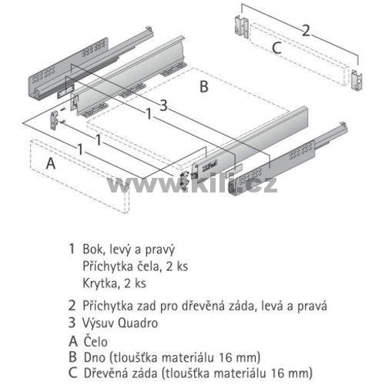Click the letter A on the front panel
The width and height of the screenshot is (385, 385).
(x=51, y=163)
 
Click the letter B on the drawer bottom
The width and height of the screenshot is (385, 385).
(x=204, y=86)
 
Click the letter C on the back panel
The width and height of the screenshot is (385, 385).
(x=276, y=48)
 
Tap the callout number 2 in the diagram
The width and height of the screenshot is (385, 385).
(x=306, y=31)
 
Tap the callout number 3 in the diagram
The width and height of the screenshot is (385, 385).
(x=163, y=105)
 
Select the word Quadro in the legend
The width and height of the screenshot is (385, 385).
(x=138, y=323)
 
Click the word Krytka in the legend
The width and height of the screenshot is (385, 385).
(x=100, y=283)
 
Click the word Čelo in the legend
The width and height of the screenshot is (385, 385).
(x=95, y=342)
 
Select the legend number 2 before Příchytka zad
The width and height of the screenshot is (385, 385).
(x=72, y=306)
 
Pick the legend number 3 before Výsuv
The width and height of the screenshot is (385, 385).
(x=72, y=323)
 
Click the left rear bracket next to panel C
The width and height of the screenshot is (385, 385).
(x=242, y=27)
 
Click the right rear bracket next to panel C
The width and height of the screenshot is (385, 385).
(x=357, y=79)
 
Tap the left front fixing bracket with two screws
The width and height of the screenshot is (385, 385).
(x=55, y=119)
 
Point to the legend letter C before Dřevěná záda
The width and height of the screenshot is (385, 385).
(x=73, y=373)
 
